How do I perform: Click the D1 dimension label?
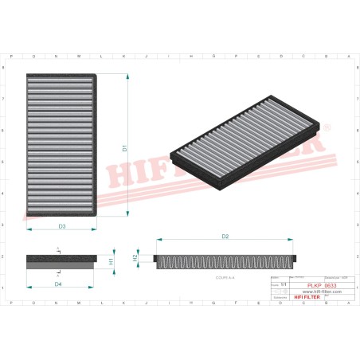click(124, 147)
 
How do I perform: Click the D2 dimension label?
click(225, 237)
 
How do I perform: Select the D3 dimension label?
click(62, 227)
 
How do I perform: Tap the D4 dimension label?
click(58, 284)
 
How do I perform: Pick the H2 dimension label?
click(135, 258)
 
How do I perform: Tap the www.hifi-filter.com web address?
click(319, 292)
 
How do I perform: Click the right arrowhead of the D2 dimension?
click(293, 240)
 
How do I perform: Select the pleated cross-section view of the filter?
click(227, 260)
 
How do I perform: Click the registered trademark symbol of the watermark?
click(327, 128)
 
